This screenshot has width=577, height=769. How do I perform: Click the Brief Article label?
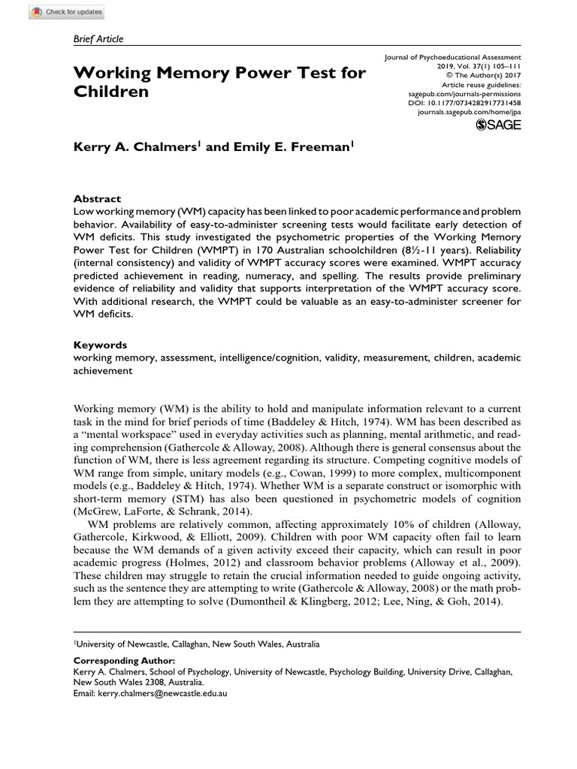[x=98, y=39]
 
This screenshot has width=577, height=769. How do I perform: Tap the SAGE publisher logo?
[x=499, y=126]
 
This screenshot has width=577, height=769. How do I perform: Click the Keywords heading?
[x=100, y=345]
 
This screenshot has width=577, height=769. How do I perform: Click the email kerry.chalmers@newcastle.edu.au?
[x=162, y=694]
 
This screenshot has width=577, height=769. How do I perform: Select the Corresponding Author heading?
[x=124, y=660]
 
